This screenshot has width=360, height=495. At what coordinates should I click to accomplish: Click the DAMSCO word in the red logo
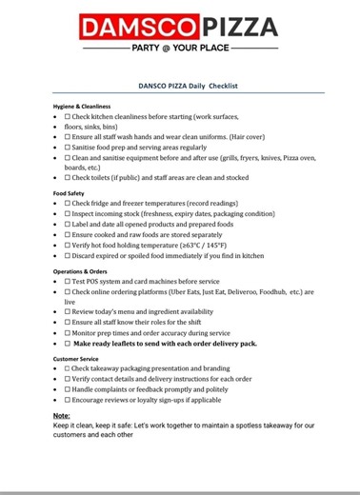click(x=142, y=26)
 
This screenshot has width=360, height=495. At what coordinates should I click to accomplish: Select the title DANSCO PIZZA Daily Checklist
click(x=180, y=85)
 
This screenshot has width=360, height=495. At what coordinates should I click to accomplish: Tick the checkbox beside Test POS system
click(x=68, y=282)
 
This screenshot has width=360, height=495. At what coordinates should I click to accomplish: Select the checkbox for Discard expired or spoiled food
click(x=68, y=256)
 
